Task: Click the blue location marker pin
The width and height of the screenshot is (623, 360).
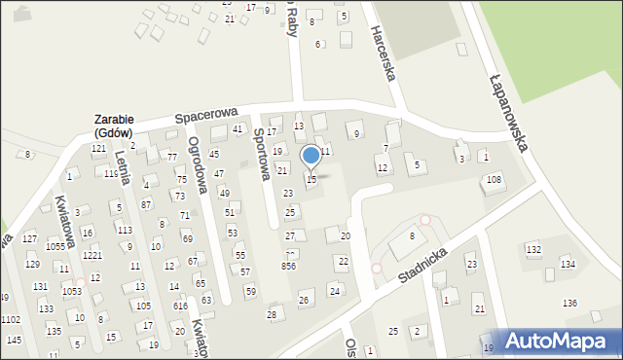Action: (x=311, y=155)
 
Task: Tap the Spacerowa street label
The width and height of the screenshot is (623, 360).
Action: (x=207, y=115)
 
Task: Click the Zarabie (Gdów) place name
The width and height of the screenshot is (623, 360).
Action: (x=114, y=126)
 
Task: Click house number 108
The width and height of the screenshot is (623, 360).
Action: (x=495, y=179)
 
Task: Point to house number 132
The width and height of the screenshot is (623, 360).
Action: (x=532, y=250)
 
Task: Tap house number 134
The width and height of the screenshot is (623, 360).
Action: (x=567, y=265)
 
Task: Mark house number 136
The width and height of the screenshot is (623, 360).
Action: (x=569, y=304)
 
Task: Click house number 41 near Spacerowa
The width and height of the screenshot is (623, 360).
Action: (x=237, y=129)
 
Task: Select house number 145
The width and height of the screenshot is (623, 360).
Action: (x=14, y=340)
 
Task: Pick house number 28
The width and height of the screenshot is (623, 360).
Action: (x=272, y=314)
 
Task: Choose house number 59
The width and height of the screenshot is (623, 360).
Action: (x=250, y=291)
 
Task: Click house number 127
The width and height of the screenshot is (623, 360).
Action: (x=30, y=238)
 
